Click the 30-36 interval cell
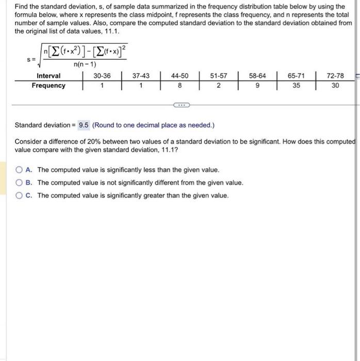click(x=102, y=76)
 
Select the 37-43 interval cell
click(x=141, y=76)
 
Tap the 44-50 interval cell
click(x=179, y=76)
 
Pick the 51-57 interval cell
click(x=219, y=76)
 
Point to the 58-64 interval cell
click(x=257, y=76)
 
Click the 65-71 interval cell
click(x=296, y=76)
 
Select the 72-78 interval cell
click(x=335, y=76)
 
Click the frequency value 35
click(x=296, y=86)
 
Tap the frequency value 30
click(x=335, y=86)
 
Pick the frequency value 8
click(x=179, y=86)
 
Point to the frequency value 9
click(x=257, y=86)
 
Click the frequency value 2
click(x=219, y=86)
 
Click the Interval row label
click(x=48, y=76)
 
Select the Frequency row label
click(x=48, y=86)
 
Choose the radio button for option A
click(x=19, y=170)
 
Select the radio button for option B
click(x=19, y=183)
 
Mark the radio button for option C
click(x=19, y=195)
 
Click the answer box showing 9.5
click(x=84, y=125)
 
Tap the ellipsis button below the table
click(x=181, y=105)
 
